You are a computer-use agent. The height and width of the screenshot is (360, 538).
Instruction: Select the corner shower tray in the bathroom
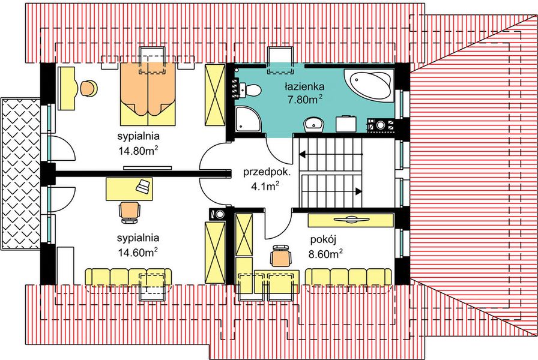point(246,119)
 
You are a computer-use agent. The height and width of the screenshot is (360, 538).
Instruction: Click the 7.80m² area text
point(306,100)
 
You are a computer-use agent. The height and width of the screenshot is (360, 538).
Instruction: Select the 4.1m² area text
point(264,186)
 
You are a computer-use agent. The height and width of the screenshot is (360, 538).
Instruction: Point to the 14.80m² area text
point(138,151)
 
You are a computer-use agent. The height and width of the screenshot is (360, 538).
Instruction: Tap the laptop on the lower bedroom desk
point(143,186)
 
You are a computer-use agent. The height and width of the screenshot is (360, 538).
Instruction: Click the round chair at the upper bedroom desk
point(88,88)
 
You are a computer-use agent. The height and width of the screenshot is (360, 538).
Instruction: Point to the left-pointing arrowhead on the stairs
point(303,154)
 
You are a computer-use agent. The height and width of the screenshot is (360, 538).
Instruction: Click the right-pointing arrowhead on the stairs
point(358,191)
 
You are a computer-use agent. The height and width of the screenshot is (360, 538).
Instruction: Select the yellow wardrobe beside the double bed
point(214,96)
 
